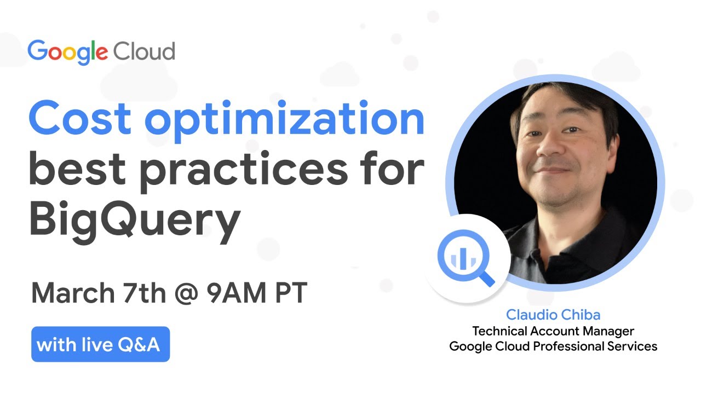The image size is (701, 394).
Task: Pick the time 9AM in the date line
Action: [235, 294]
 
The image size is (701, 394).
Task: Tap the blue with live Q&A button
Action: [101, 345]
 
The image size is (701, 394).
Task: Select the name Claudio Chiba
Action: [553, 315]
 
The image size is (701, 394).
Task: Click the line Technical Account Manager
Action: [553, 331]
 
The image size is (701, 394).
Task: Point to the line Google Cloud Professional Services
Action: [553, 346]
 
